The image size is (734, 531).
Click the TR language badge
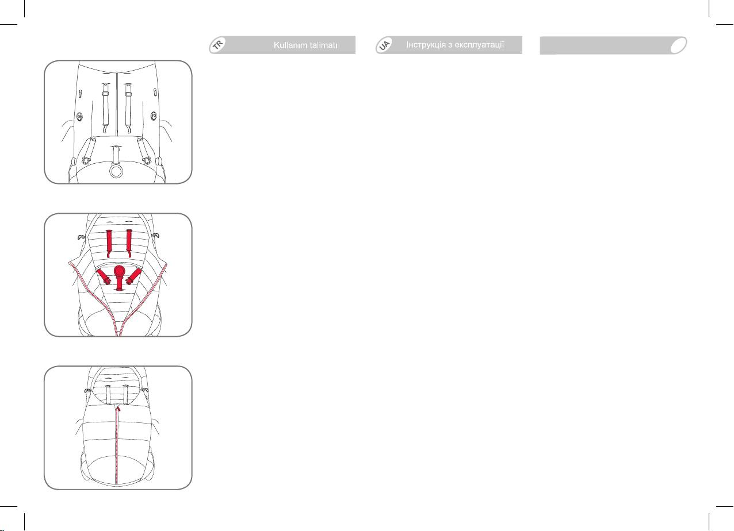click(x=217, y=45)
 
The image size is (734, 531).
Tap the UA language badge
click(x=384, y=45)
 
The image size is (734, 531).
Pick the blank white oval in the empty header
click(x=678, y=45)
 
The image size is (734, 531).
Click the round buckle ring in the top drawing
click(x=116, y=171)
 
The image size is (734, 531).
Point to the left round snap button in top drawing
click(x=79, y=117)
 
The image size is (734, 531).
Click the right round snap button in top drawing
click(x=154, y=116)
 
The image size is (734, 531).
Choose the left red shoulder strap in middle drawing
click(x=109, y=243)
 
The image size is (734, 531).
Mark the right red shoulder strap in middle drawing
click(x=129, y=243)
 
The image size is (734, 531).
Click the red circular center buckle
click(x=118, y=272)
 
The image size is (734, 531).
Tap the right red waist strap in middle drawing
click(x=133, y=276)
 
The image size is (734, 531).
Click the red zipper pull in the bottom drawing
click(x=118, y=408)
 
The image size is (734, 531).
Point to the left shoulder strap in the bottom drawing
click(x=108, y=395)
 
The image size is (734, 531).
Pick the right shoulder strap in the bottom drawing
click(x=125, y=395)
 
